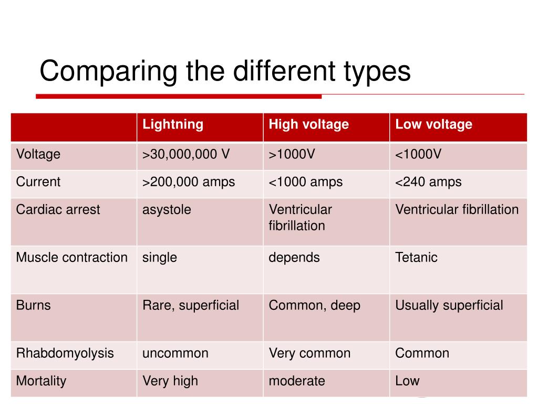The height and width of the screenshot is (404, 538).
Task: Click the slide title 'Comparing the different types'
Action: click(225, 71)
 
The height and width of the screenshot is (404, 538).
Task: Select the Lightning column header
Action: click(173, 125)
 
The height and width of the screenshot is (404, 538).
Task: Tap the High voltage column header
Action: click(308, 125)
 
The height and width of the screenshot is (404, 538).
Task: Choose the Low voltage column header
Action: click(433, 125)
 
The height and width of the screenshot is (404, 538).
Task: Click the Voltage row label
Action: click(38, 155)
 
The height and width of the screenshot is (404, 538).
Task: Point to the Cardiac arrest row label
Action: click(58, 210)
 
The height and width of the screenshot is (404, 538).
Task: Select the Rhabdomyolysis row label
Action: click(65, 353)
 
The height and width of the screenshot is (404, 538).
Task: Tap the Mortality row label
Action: click(41, 381)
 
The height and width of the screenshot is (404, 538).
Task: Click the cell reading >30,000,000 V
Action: click(186, 155)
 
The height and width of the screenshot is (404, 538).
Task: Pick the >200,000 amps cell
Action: click(189, 183)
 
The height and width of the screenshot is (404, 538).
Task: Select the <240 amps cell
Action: click(428, 183)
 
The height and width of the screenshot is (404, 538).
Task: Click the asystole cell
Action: click(167, 210)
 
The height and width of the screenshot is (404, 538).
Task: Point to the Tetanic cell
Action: click(416, 258)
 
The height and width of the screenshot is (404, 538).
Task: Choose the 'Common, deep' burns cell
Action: click(314, 306)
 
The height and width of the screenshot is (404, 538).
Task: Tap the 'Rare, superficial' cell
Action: click(191, 306)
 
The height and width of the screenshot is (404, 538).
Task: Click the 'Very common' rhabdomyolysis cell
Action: click(309, 353)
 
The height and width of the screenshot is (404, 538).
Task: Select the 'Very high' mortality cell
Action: click(170, 381)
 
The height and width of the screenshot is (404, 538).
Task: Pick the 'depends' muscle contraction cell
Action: click(294, 258)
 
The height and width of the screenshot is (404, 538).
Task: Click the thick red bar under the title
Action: click(179, 96)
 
